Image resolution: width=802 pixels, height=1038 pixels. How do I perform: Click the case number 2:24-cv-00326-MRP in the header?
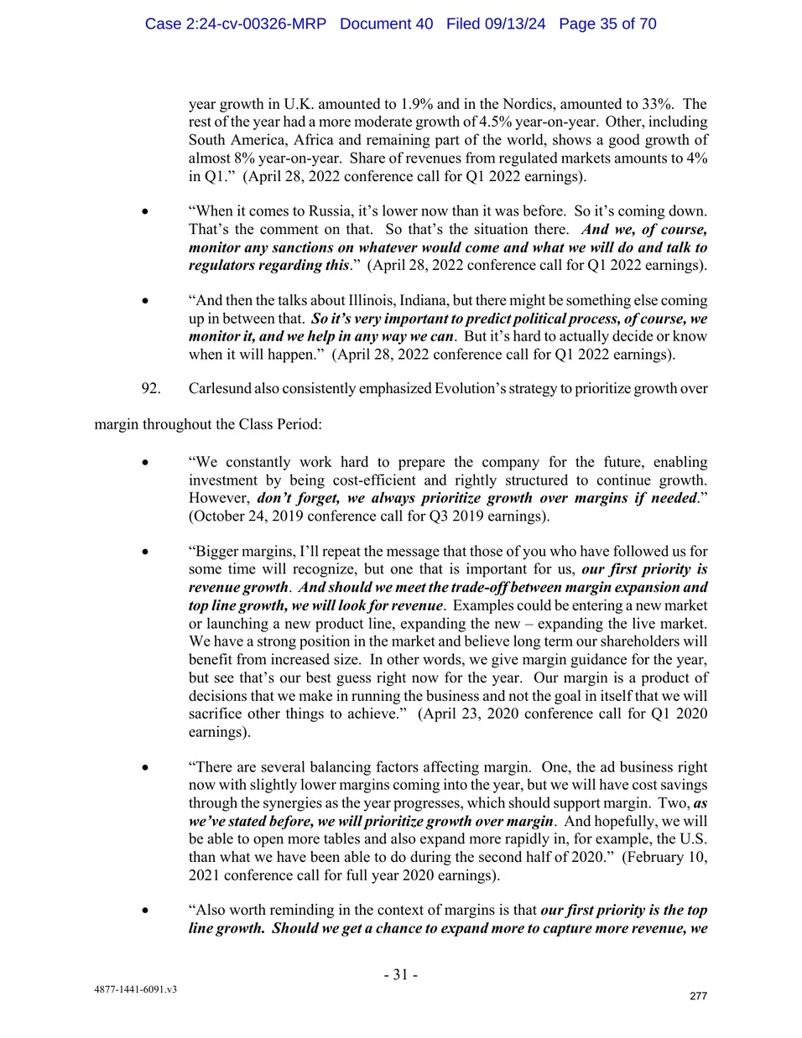click(235, 23)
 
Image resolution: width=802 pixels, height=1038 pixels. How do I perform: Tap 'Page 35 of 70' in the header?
click(607, 23)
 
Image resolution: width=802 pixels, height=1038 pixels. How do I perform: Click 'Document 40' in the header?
click(386, 23)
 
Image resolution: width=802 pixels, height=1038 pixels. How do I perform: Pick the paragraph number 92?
click(151, 388)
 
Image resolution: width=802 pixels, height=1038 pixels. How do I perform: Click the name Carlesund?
click(221, 388)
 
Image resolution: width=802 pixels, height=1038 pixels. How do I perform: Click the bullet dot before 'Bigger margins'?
click(146, 552)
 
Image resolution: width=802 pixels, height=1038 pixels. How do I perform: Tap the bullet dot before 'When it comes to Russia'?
click(146, 212)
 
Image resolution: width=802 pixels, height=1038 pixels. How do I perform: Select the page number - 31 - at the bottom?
click(400, 974)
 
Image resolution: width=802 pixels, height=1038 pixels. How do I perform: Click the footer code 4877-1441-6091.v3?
click(135, 989)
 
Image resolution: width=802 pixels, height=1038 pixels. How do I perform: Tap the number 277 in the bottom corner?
click(698, 996)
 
